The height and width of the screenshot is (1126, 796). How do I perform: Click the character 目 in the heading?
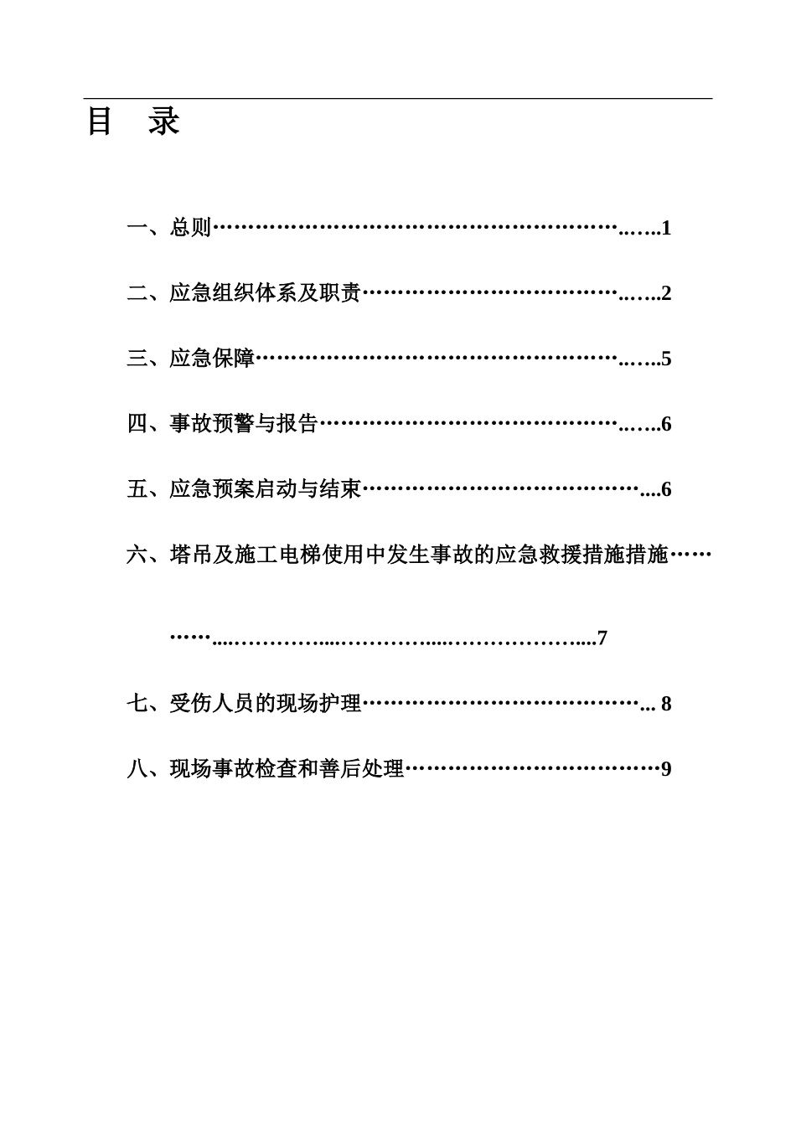click(100, 122)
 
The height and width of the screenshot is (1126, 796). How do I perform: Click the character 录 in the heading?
click(164, 122)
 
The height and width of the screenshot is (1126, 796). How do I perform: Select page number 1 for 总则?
click(666, 228)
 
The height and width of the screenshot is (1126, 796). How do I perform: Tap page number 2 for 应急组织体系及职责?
click(666, 293)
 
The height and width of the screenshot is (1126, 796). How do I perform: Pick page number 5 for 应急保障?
click(666, 359)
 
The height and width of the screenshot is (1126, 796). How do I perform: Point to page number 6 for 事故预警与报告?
click(666, 424)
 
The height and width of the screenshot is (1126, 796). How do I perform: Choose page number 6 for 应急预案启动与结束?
click(666, 489)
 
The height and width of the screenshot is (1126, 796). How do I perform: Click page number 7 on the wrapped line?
click(602, 638)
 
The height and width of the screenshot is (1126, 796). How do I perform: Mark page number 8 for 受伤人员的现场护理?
click(666, 704)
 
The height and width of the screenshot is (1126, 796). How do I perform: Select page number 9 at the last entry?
click(666, 768)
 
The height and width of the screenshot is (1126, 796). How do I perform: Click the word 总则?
click(191, 228)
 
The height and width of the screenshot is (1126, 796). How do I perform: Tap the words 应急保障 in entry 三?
click(212, 359)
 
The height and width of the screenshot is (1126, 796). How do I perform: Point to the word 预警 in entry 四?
click(235, 424)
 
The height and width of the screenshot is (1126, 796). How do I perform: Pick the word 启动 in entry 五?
click(277, 489)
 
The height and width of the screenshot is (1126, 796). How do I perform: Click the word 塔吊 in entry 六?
click(190, 555)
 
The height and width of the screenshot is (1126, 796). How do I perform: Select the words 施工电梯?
click(277, 555)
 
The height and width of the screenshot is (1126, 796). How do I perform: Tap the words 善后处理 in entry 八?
click(363, 768)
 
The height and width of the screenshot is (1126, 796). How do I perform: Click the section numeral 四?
click(137, 424)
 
